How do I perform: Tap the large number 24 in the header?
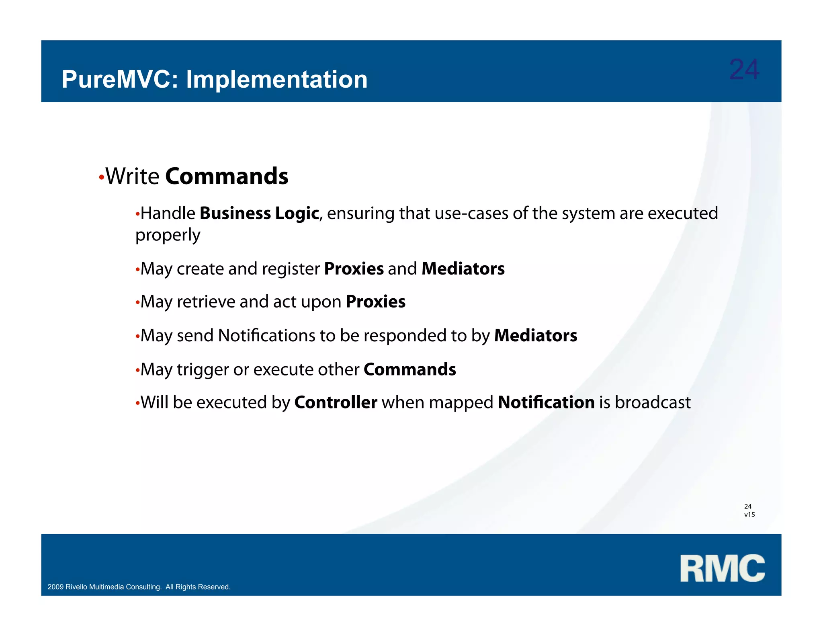tap(744, 70)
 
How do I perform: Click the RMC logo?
tap(722, 568)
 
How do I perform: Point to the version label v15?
tap(749, 515)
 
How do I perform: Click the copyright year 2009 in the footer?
tap(55, 587)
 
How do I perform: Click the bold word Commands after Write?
tap(227, 176)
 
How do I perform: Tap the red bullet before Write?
tap(101, 177)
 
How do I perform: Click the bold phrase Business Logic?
tap(259, 213)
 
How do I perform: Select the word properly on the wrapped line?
tap(168, 235)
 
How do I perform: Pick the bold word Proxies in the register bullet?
tap(354, 269)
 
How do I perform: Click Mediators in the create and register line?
tap(463, 269)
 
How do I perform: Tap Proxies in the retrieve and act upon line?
tap(375, 302)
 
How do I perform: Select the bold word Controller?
tap(336, 402)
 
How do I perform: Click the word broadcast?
tap(652, 402)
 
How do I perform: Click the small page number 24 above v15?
tap(748, 506)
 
